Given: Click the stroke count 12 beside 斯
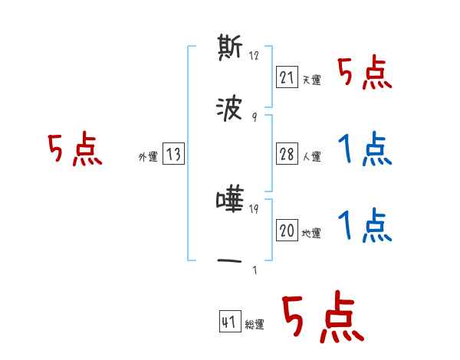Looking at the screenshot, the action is click(255, 56).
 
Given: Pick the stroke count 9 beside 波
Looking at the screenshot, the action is click(255, 117).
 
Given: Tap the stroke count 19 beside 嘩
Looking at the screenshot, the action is click(255, 209).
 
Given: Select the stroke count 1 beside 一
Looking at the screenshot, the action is click(255, 270).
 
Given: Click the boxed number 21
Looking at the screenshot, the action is click(287, 77).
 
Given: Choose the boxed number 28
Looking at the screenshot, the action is click(287, 153).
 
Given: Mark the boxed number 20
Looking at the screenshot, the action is click(287, 230).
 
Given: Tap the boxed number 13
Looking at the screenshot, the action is click(174, 154).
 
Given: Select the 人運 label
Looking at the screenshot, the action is click(311, 156).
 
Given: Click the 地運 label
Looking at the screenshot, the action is click(311, 233).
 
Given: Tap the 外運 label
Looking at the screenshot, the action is click(147, 157).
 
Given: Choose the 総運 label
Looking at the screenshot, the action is click(255, 325).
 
